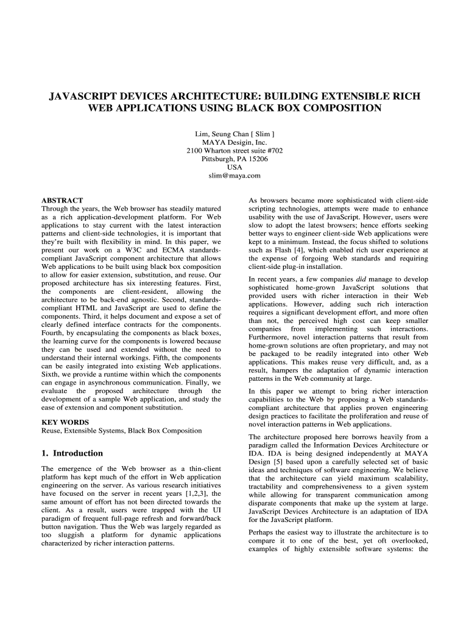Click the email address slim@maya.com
tap(234, 176)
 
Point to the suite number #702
tap(272, 150)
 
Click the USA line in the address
tap(234, 167)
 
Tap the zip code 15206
tap(256, 159)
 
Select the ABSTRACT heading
tap(62, 200)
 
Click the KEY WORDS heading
tap(65, 422)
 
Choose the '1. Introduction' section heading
tap(72, 453)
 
